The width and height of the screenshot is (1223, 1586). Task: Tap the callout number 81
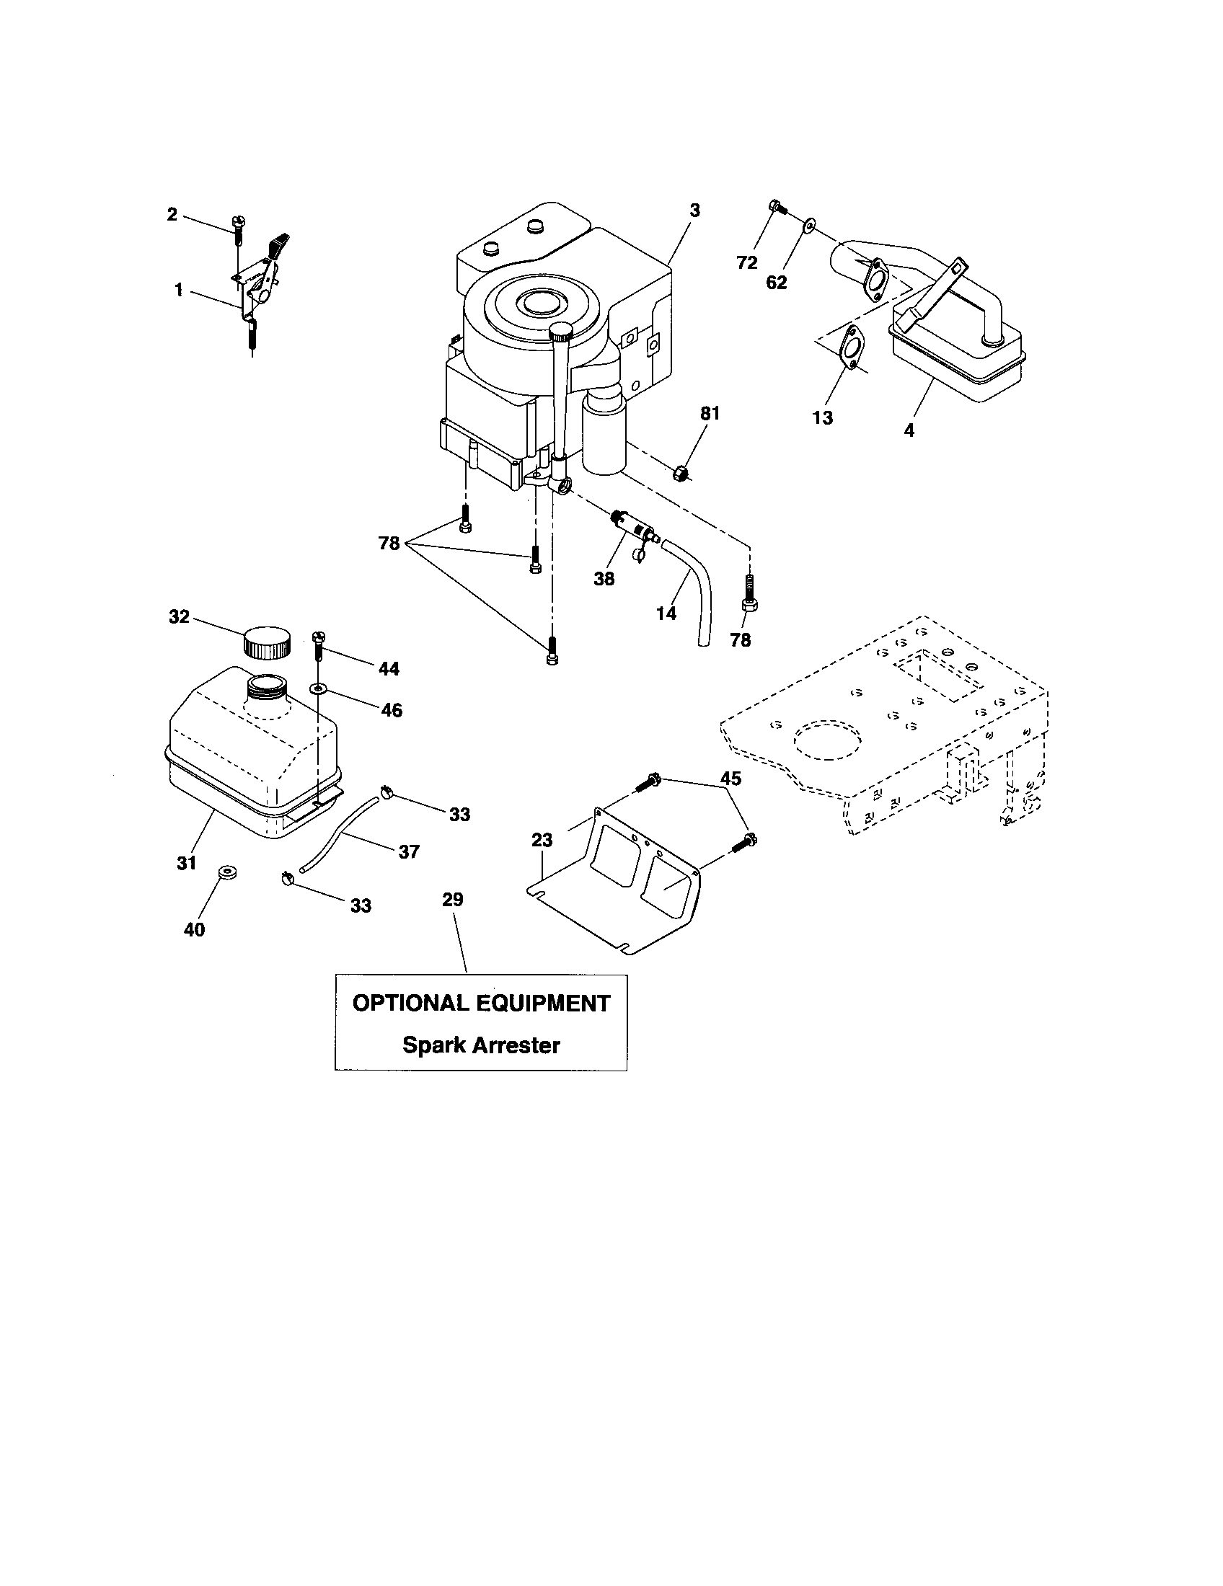pos(710,413)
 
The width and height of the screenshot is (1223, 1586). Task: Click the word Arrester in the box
pos(517,1046)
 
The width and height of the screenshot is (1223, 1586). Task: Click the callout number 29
pos(452,900)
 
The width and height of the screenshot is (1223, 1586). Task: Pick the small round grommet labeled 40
pos(226,872)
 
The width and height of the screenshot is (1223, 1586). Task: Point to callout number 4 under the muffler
pos(909,430)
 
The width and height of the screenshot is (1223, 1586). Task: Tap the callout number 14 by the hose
pos(666,613)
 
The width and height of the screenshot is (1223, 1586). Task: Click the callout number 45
pos(730,779)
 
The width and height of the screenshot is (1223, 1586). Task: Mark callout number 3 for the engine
pos(694,211)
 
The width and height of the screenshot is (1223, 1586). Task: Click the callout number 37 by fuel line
pos(409,851)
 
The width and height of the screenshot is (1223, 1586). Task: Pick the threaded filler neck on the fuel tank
pos(268,686)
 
